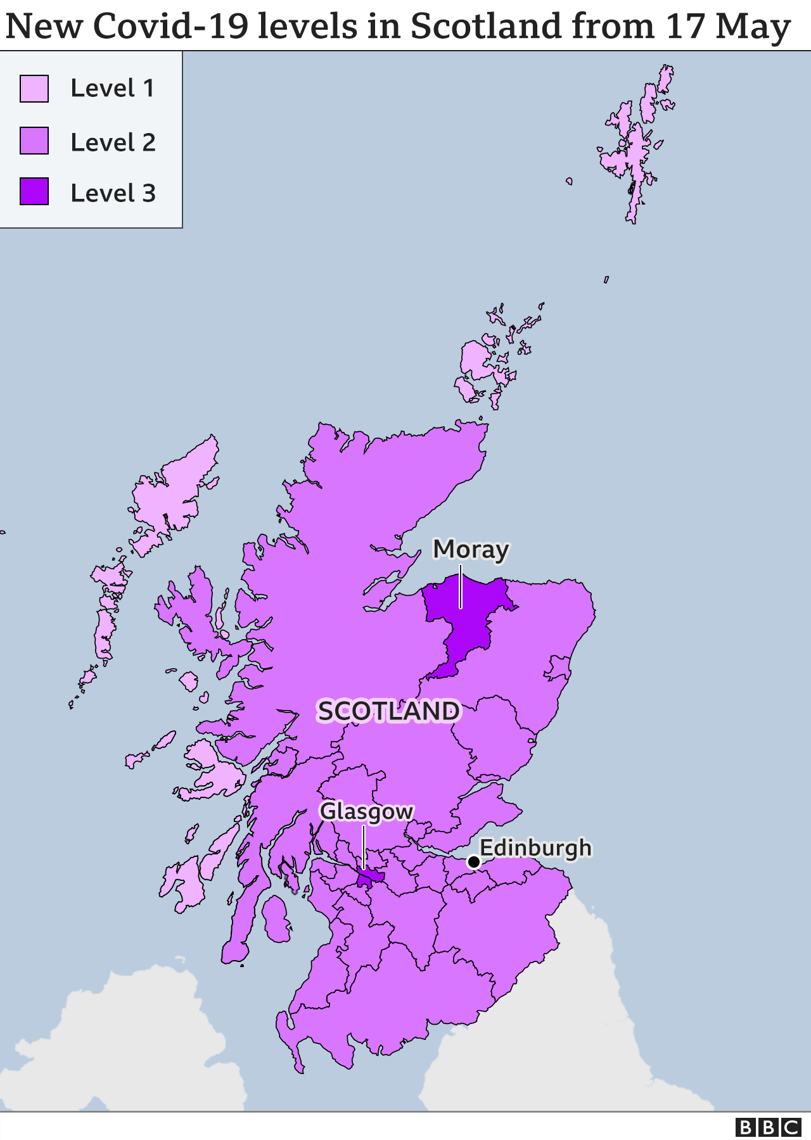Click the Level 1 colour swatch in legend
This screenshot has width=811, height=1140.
pos(34,89)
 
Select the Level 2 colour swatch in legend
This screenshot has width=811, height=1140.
pos(34,141)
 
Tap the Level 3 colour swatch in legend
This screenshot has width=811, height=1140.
pos(34,192)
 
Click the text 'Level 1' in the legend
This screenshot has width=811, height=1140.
pos(113,89)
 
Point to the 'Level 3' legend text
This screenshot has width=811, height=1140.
pos(113,193)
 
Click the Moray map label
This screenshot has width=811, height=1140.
pos(471,550)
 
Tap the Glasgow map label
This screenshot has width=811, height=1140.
pos(366,811)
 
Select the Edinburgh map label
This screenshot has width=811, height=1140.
pos(535,848)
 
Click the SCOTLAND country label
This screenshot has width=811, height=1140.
pos(388,711)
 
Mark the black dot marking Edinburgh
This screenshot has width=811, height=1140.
pos(473,862)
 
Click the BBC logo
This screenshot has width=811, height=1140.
pos(768,1127)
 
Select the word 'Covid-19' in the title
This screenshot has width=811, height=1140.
pos(170,27)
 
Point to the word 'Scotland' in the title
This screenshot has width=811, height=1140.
pos(486,27)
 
